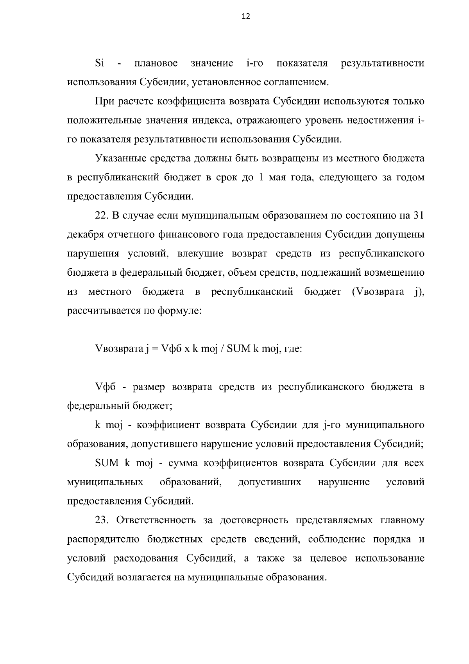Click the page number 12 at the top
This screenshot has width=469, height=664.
[x=246, y=16]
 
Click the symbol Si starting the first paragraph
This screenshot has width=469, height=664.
[x=99, y=63]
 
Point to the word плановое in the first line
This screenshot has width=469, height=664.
[x=156, y=63]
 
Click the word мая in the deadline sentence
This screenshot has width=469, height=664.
[x=278, y=178]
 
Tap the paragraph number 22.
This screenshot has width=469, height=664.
[x=102, y=215]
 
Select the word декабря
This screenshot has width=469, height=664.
[x=86, y=235]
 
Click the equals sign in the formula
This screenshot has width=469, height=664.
[x=154, y=349]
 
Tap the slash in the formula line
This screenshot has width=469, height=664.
[x=222, y=349]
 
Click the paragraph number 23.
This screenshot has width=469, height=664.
[x=102, y=520]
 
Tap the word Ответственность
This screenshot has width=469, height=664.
[x=156, y=520]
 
